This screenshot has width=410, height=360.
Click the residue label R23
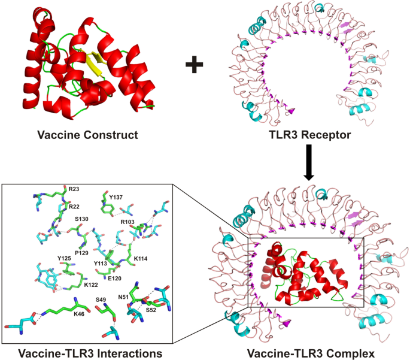(x=74, y=189)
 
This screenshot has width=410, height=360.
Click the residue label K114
(x=141, y=258)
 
